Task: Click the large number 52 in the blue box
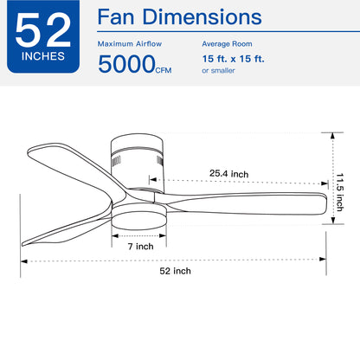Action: point(43,30)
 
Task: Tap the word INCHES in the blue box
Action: point(43,56)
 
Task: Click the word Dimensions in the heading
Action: point(202,17)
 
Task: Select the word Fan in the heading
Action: point(116,17)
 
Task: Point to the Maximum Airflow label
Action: point(130,44)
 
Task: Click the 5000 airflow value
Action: point(126,64)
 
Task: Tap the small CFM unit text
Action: point(164,70)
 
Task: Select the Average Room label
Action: point(227,44)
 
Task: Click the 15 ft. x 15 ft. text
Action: point(233,59)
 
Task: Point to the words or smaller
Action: point(218,71)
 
